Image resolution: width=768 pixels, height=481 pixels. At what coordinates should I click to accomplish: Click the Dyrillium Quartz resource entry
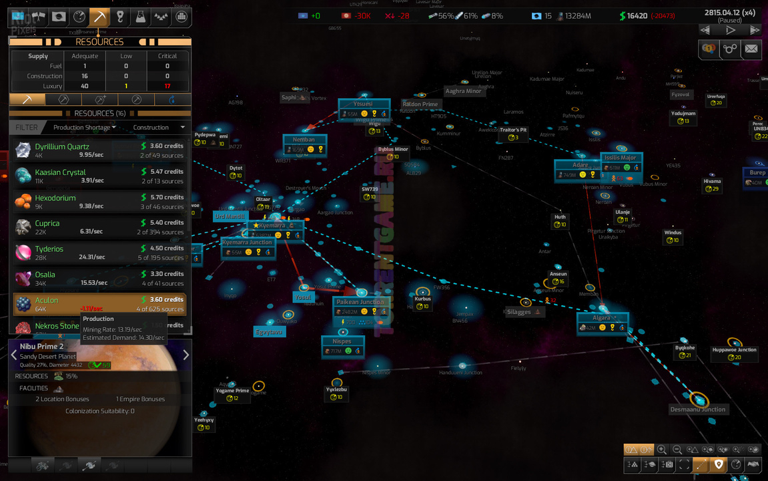tap(62, 146)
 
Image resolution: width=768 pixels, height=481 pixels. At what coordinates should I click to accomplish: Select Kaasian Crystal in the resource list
tap(60, 172)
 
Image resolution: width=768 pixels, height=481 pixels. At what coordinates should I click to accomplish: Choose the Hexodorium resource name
tap(55, 198)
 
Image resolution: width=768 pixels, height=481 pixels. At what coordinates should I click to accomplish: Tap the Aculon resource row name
tap(47, 300)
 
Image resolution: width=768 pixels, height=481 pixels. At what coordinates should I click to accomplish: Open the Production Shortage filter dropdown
tap(85, 128)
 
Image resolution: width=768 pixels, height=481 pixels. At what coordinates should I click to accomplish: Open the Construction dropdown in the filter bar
tap(159, 128)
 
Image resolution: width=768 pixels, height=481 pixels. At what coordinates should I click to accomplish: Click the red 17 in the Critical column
tap(167, 86)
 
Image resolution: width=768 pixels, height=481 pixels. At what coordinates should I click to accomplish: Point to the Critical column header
tap(167, 56)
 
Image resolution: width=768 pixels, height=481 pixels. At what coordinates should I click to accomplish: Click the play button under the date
tap(731, 30)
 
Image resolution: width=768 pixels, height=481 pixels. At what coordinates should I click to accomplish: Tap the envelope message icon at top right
tap(751, 49)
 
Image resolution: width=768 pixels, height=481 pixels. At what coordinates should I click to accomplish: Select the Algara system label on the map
tap(601, 318)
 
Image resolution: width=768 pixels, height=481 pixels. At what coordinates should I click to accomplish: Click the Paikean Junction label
tap(360, 302)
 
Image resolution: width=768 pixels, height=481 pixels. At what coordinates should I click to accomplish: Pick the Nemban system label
tap(304, 140)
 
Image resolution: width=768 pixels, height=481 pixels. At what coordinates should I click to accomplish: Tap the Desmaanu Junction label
tap(697, 410)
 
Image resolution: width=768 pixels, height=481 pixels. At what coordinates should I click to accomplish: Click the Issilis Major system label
tap(621, 158)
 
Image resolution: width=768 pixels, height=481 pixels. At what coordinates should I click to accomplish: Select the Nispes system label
tap(342, 341)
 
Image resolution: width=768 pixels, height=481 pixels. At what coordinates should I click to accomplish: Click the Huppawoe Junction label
tap(734, 349)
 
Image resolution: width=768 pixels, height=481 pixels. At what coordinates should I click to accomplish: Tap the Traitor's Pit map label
tap(513, 130)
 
